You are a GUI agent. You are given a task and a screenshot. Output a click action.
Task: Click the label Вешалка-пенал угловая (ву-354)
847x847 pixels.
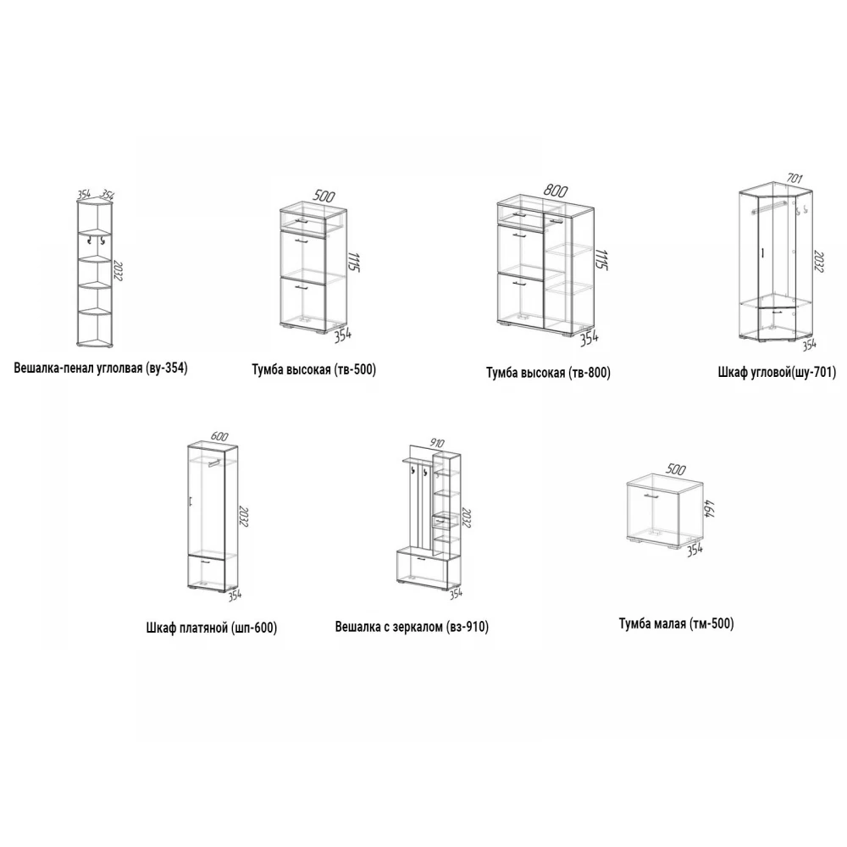point(101,368)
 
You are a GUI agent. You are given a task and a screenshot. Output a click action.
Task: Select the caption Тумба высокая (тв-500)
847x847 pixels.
point(314,369)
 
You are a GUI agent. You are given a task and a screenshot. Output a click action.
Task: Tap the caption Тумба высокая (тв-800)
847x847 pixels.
point(548,373)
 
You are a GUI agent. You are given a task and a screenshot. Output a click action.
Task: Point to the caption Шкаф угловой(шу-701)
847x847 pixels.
point(777,372)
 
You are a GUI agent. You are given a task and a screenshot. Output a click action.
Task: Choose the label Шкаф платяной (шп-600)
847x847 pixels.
point(211,628)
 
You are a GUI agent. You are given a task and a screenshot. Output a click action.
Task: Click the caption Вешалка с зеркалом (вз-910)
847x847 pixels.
point(412,627)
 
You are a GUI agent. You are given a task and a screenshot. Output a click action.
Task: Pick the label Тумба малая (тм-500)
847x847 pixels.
point(676,624)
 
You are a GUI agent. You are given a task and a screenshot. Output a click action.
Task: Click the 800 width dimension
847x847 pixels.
point(556,191)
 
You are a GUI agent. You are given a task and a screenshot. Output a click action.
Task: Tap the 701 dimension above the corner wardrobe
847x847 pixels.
point(794,178)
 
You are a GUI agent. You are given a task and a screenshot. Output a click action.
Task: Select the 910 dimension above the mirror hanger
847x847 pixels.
point(437,444)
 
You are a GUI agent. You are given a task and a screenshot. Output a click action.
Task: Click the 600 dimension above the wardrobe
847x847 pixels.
point(219,436)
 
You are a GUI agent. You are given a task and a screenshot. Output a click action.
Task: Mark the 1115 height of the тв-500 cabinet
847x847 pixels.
point(354,262)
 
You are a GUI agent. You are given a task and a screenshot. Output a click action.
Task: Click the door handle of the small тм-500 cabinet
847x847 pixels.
point(650,495)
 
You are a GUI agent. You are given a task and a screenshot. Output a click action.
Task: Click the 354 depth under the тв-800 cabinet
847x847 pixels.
point(589,338)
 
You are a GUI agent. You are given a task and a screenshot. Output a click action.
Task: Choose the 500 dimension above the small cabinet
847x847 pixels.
point(676,469)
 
